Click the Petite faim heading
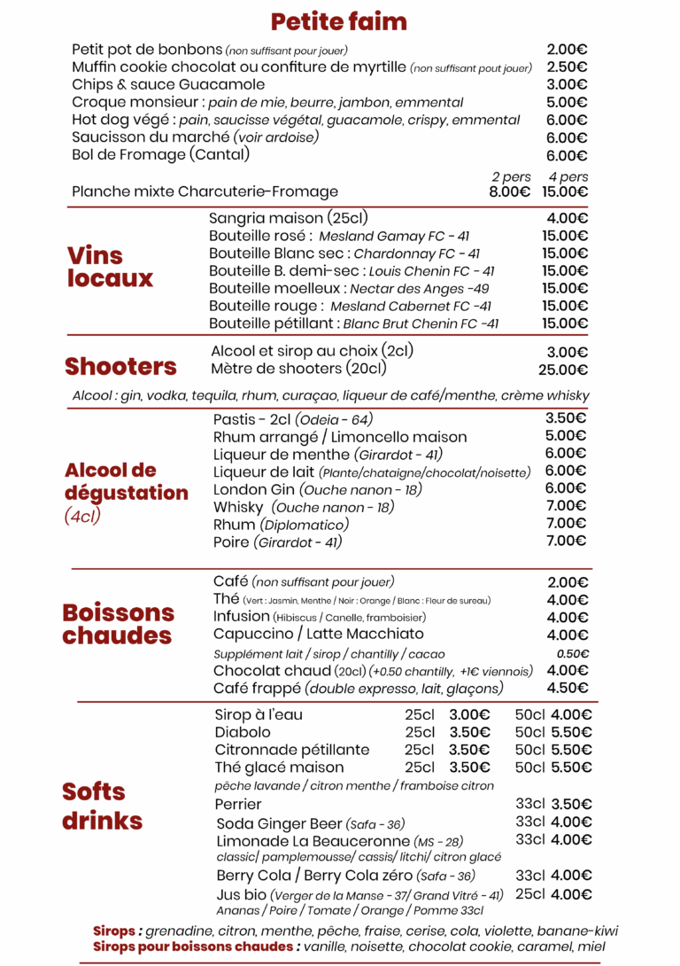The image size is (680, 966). pyautogui.click(x=339, y=21)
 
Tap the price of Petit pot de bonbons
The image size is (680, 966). pyautogui.click(x=567, y=50)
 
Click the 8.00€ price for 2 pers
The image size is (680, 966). pyautogui.click(x=509, y=191)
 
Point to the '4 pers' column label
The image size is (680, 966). pyautogui.click(x=568, y=176)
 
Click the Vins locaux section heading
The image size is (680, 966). pyautogui.click(x=110, y=267)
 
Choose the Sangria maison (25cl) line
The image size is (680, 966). pyautogui.click(x=289, y=218)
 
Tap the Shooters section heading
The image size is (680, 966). pyautogui.click(x=120, y=367)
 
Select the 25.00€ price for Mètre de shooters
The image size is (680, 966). pyautogui.click(x=563, y=370)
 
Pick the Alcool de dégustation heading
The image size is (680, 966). pyautogui.click(x=126, y=481)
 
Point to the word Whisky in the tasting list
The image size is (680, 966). pyautogui.click(x=238, y=507)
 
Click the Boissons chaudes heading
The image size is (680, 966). pyautogui.click(x=119, y=624)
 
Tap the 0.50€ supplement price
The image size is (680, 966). pyautogui.click(x=572, y=654)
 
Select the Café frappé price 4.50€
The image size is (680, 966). pyautogui.click(x=567, y=688)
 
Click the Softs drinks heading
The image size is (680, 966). pyautogui.click(x=102, y=806)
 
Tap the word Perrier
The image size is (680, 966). pyautogui.click(x=238, y=804)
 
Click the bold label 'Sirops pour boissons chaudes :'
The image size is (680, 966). pyautogui.click(x=196, y=947)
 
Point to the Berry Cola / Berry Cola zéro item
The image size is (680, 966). pyautogui.click(x=304, y=876)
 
